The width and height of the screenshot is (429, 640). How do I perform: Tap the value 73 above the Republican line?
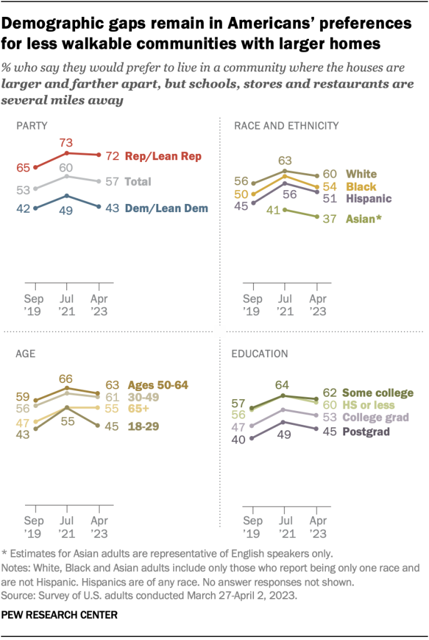tap(67, 143)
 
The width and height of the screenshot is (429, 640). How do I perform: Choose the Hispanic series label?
tap(368, 199)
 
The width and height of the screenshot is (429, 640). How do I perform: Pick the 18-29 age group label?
tap(143, 426)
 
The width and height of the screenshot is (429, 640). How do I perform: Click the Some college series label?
tap(378, 393)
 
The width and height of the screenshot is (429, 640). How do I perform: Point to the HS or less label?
tap(373, 405)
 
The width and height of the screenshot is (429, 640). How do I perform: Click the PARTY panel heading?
tap(31, 126)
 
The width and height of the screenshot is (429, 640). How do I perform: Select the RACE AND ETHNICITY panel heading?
tap(286, 126)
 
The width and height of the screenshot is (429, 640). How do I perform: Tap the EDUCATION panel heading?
tap(260, 353)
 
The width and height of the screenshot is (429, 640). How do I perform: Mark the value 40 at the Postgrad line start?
tap(239, 439)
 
